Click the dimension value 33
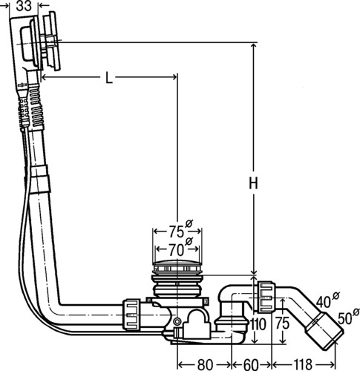[24, 6]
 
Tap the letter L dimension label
[109, 77]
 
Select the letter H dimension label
[254, 183]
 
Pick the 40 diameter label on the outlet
[327, 300]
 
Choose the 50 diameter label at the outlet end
[348, 317]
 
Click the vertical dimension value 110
[258, 324]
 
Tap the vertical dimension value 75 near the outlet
[282, 324]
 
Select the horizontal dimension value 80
[205, 364]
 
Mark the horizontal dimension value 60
[251, 364]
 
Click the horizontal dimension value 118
[302, 364]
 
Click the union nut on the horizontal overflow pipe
[131, 314]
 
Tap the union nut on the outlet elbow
[266, 296]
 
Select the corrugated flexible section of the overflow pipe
[36, 106]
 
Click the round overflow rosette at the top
[51, 42]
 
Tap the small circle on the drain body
[177, 321]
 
